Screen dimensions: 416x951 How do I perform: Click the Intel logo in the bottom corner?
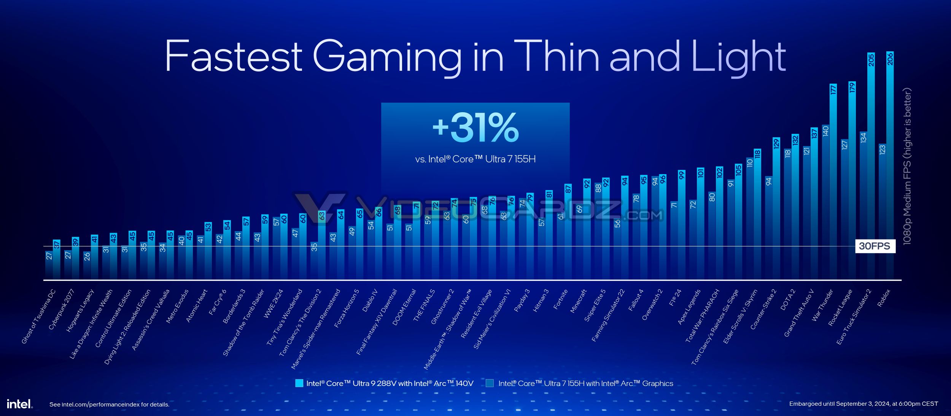point(19,403)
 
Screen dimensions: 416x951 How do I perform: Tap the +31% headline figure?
point(475,127)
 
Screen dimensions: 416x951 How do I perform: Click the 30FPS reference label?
point(875,246)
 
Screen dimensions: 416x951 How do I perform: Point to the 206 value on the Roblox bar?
point(890,59)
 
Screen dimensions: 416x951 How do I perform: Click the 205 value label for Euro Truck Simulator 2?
point(871,60)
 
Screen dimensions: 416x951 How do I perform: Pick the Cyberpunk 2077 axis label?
point(61,309)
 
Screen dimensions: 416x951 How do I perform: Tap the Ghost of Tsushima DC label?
point(38,317)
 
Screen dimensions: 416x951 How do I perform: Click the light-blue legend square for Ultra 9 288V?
point(299,383)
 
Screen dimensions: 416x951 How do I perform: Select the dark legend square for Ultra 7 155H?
point(490,383)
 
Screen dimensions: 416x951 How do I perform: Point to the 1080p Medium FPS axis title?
point(907,166)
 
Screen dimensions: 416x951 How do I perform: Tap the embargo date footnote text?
point(864,403)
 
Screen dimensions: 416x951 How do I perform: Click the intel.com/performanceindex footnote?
point(109,404)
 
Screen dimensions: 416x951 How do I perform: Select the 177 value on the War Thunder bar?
point(833,90)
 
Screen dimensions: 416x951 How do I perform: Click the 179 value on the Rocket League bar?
point(852,87)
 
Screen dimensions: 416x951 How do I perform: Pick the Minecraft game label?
point(579,301)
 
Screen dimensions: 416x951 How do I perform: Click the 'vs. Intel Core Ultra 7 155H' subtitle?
point(475,159)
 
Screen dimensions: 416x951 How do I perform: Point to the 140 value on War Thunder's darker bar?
point(825,131)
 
